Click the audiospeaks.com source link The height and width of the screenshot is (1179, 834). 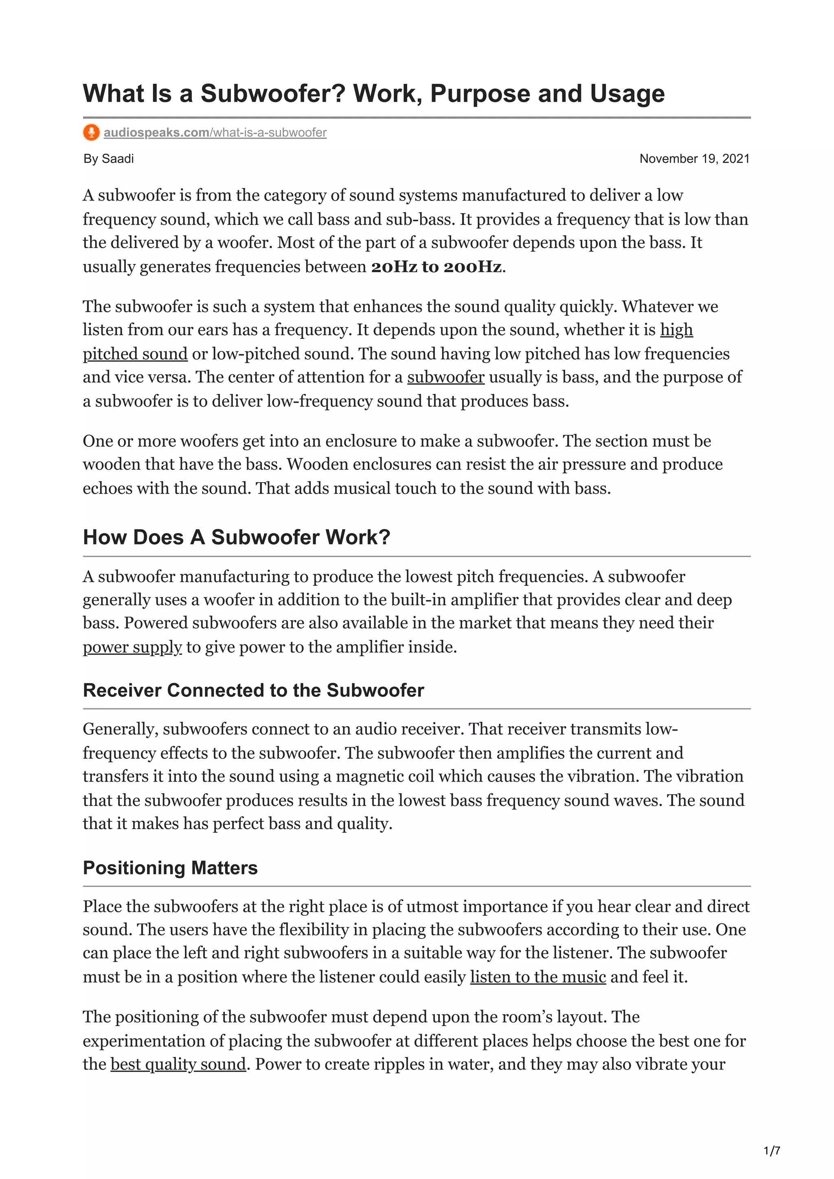click(x=215, y=133)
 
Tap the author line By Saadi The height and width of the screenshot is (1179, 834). click(x=108, y=159)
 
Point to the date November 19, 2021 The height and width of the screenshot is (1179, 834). click(x=694, y=159)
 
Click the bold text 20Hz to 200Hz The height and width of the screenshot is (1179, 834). click(x=436, y=267)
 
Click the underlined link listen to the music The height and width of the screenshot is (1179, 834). click(x=538, y=977)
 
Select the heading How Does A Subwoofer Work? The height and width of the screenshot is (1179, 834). click(x=236, y=537)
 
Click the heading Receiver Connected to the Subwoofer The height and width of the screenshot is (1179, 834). click(x=253, y=690)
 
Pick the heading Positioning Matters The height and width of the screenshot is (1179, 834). click(x=170, y=868)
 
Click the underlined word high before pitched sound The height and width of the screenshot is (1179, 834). click(x=676, y=330)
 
